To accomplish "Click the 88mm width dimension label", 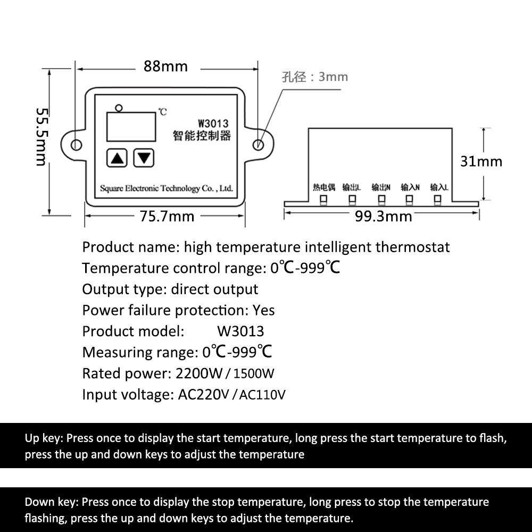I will point(165,66).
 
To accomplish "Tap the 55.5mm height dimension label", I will point(42,137).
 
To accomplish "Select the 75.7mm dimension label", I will point(167,217).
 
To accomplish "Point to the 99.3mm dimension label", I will point(383,217).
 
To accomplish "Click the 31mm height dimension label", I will point(481,161).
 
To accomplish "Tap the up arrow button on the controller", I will point(117,157).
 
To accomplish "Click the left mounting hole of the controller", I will point(76,145).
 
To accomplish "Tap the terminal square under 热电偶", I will point(323,200).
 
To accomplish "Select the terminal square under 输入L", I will point(438,200).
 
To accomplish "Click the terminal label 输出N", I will point(381,187).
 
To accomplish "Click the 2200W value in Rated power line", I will point(198,373).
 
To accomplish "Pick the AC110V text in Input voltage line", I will point(263,395).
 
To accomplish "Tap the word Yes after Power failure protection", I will point(264,310).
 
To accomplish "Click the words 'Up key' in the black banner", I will point(44,438).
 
